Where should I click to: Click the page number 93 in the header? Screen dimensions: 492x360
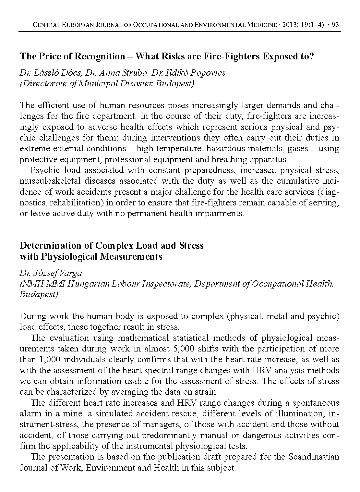336,25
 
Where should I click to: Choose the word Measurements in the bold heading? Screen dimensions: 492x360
131,256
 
